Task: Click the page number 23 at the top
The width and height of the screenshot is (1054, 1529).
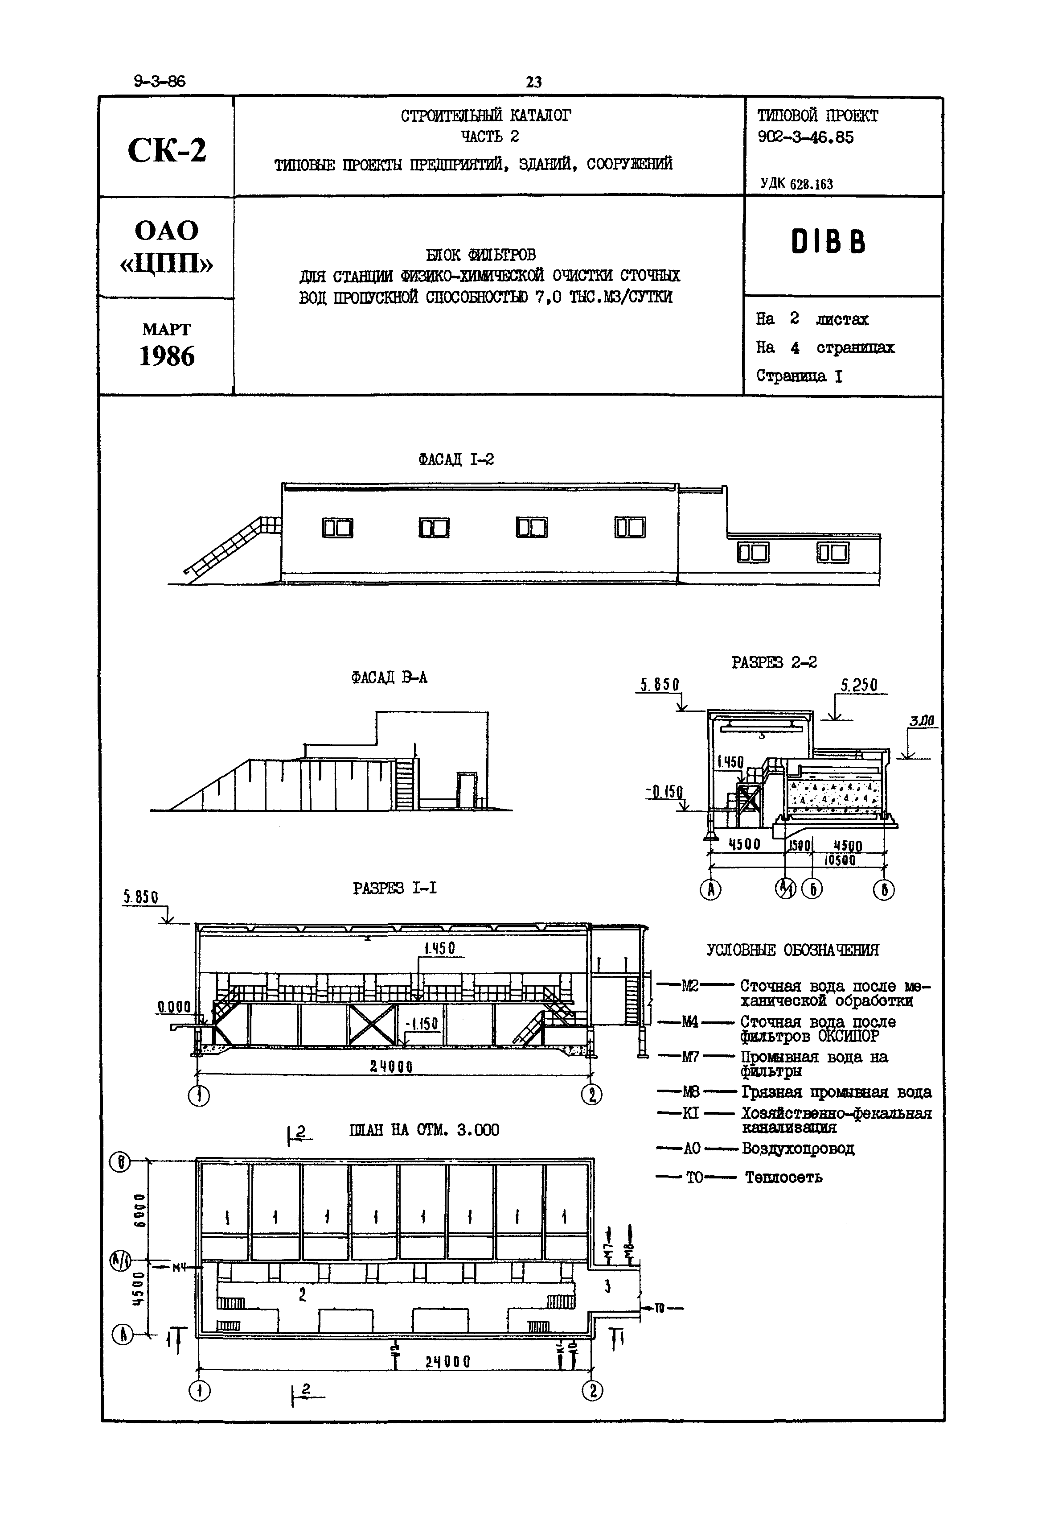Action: [x=533, y=82]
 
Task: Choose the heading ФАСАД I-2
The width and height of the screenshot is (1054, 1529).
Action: [x=455, y=459]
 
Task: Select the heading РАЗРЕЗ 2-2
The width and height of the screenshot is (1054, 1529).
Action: [x=774, y=662]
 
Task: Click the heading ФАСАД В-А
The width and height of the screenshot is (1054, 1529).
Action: [x=389, y=677]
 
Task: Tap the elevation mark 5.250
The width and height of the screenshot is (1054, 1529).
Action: [x=858, y=685]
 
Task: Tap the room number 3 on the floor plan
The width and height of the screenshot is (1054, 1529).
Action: [x=607, y=1286]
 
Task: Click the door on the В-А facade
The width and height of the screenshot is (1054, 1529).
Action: [x=467, y=789]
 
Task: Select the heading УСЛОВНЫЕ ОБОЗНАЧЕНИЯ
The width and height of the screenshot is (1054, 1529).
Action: [x=792, y=950]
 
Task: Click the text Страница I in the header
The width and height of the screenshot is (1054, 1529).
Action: [x=799, y=376]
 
